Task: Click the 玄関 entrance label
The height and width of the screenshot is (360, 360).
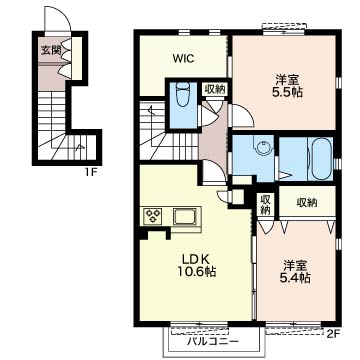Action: coord(51,50)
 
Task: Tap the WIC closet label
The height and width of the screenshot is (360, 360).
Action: coord(183,59)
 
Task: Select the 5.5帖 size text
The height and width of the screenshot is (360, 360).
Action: coord(287,92)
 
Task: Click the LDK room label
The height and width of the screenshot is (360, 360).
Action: coord(195,259)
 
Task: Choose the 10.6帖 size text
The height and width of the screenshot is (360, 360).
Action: coord(196,272)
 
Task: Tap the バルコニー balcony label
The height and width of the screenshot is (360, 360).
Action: coord(212,341)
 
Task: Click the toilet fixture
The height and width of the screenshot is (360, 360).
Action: coord(182,94)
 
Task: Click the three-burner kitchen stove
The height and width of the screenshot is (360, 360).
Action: coord(153,216)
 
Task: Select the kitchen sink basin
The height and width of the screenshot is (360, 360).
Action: coord(184,217)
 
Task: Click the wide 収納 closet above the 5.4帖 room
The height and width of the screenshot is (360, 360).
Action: coord(307,202)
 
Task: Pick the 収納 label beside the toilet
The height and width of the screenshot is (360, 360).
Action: coord(215,89)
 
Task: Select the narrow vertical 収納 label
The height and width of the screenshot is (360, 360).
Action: coord(265,204)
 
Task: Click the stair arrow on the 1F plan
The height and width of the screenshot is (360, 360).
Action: coord(79,146)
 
